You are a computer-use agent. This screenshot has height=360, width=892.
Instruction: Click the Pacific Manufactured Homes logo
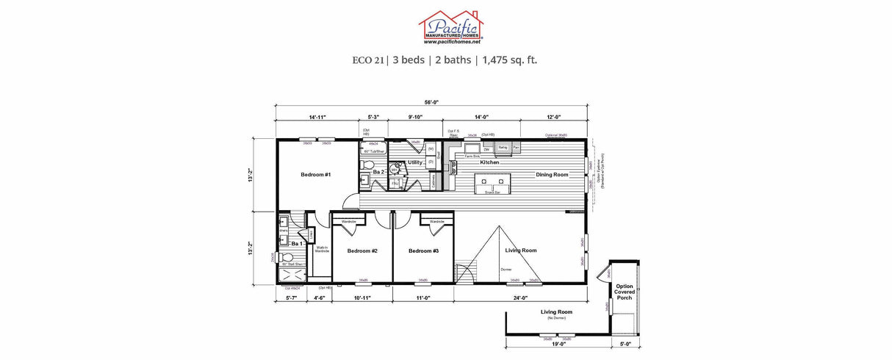click(446, 27)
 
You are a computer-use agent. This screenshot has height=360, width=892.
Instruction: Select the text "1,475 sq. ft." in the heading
click(510, 60)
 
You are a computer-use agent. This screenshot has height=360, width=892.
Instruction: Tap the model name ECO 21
click(367, 60)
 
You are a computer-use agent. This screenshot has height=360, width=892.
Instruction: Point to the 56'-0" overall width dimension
click(431, 103)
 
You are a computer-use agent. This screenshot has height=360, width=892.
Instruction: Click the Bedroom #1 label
click(316, 175)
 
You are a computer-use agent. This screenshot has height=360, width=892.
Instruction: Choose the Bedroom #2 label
click(362, 251)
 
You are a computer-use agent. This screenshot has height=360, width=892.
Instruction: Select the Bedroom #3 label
click(423, 251)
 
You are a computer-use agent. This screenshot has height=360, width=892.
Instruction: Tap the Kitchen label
click(489, 162)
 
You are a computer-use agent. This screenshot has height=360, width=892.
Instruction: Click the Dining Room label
click(552, 175)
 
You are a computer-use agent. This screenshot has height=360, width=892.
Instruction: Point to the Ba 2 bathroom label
click(379, 172)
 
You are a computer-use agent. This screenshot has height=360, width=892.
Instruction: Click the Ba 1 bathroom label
click(298, 243)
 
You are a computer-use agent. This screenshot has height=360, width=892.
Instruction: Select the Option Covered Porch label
click(625, 292)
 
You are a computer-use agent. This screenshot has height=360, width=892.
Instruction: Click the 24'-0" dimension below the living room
click(521, 298)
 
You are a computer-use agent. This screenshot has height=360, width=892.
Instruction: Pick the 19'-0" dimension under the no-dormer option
click(558, 343)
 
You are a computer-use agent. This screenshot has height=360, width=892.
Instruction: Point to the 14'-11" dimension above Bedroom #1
click(317, 118)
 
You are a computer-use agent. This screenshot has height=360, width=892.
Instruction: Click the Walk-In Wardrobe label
click(322, 250)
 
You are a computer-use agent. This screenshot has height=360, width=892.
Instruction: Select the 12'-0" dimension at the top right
click(553, 118)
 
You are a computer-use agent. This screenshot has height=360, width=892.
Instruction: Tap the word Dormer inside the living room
click(506, 270)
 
